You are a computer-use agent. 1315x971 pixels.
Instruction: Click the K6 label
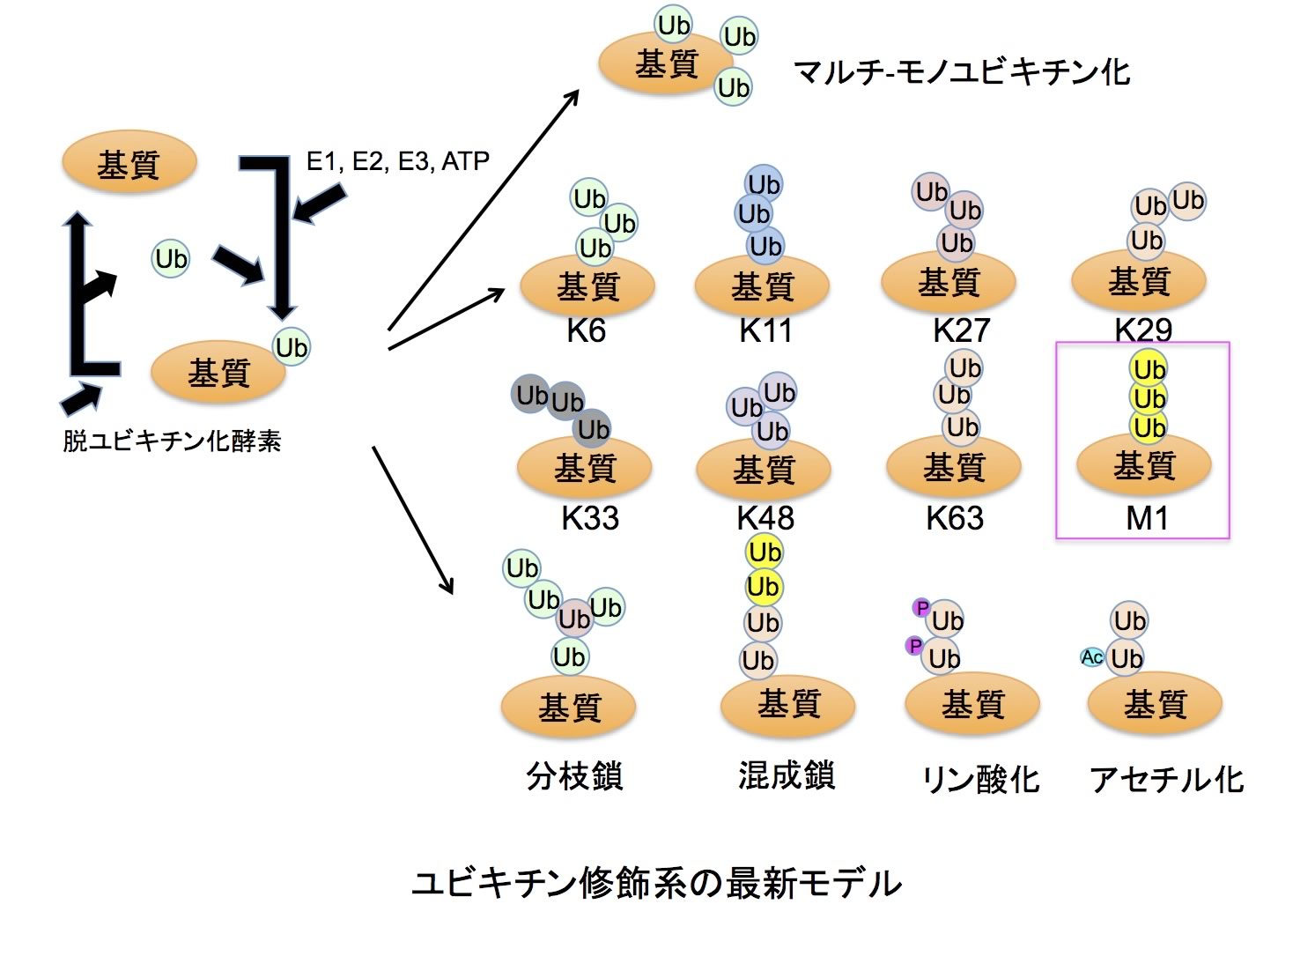tap(586, 330)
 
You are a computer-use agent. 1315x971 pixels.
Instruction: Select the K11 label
tap(765, 330)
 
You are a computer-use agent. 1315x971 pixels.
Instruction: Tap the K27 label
tap(961, 330)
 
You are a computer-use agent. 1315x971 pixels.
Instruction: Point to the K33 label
tap(589, 518)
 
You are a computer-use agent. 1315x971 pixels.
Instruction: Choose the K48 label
tap(765, 518)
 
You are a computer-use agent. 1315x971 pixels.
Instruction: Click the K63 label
tap(954, 518)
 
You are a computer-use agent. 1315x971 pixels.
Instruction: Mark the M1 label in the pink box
tap(1147, 519)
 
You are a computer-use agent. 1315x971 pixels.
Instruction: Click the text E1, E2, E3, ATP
tap(397, 161)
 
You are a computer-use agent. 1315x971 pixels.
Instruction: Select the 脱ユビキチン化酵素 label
tap(172, 441)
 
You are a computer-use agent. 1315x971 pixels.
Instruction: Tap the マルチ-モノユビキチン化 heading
tap(961, 71)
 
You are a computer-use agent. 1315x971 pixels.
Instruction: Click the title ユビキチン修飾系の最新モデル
tap(657, 882)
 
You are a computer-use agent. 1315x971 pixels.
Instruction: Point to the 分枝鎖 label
tap(574, 776)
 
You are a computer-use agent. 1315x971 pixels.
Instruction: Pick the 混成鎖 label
tap(786, 775)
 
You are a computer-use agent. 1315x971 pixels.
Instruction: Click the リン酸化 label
tap(979, 779)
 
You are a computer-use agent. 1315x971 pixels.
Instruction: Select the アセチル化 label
tap(1166, 779)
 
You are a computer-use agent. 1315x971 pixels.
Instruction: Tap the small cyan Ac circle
tap(1092, 657)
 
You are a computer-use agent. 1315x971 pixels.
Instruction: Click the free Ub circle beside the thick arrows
tap(171, 258)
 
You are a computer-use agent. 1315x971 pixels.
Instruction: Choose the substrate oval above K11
tap(762, 285)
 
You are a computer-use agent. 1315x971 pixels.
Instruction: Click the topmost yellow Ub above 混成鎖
tap(764, 552)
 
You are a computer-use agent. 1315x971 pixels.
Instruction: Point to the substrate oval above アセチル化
tap(1155, 704)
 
